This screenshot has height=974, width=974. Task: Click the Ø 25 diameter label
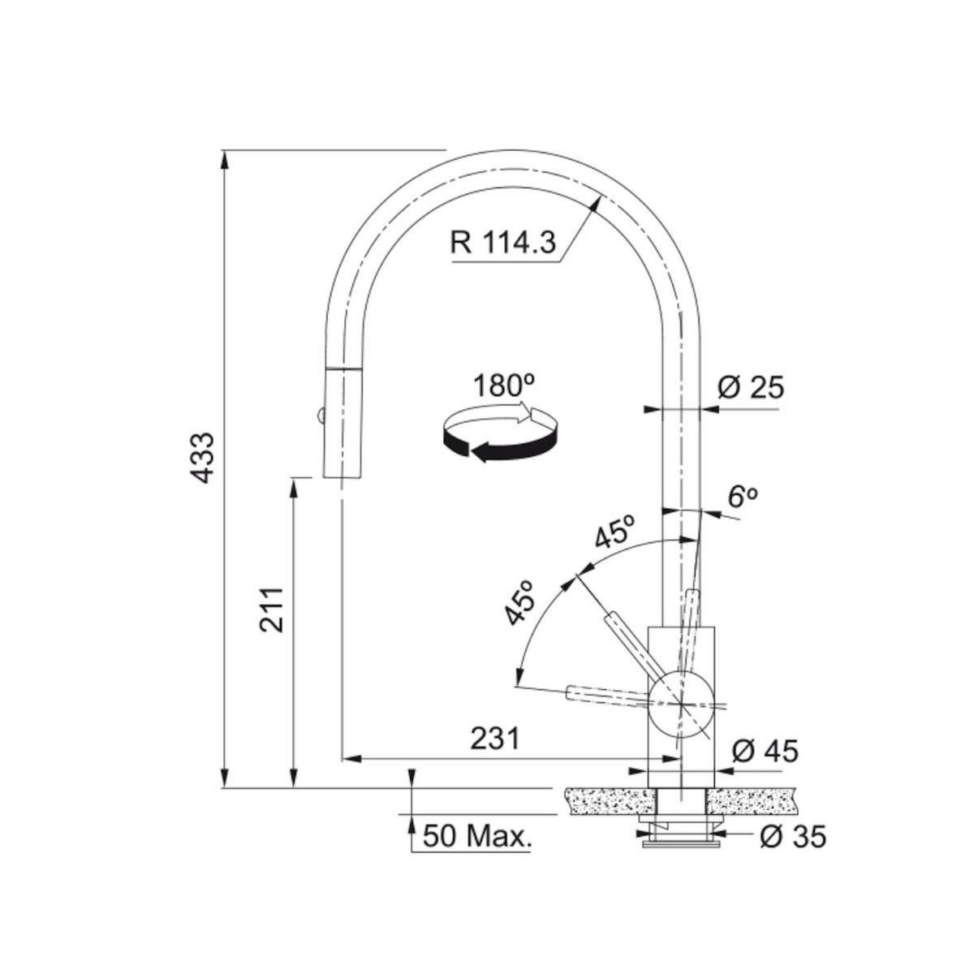pos(750,389)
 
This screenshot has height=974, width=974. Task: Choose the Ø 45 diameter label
pos(765,751)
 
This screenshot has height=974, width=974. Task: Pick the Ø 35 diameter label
pos(791,835)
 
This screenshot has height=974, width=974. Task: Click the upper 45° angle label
pos(614,533)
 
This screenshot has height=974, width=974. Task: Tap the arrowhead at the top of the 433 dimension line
pos(225,157)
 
